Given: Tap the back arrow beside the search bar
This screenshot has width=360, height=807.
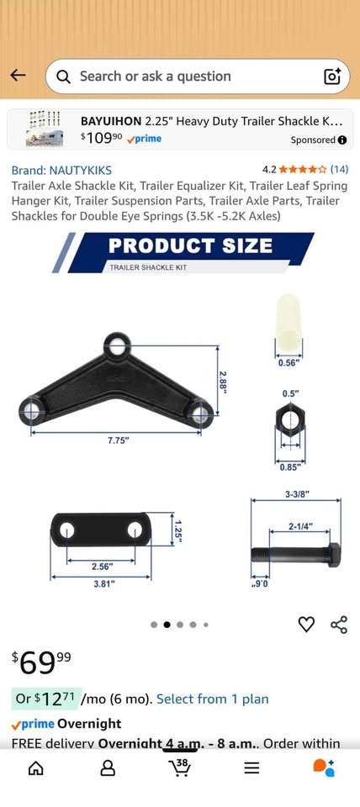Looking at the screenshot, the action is click(x=18, y=76).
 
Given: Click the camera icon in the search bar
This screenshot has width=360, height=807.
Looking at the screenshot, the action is click(x=332, y=76).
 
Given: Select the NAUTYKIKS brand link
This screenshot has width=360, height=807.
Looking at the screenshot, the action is click(x=61, y=171).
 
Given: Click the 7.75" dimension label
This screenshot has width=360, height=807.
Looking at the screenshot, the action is click(x=119, y=440).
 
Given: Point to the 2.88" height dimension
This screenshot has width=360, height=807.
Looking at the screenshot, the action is click(x=223, y=382).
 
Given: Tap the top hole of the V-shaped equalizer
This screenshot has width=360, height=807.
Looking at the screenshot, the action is click(x=118, y=345).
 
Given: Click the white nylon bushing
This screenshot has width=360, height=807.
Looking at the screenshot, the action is click(x=289, y=319).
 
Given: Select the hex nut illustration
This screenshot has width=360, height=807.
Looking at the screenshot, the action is click(x=290, y=420).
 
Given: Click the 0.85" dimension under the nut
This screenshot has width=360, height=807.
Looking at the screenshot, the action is click(x=289, y=467).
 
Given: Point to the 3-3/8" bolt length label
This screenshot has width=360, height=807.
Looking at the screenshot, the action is click(x=297, y=494).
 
